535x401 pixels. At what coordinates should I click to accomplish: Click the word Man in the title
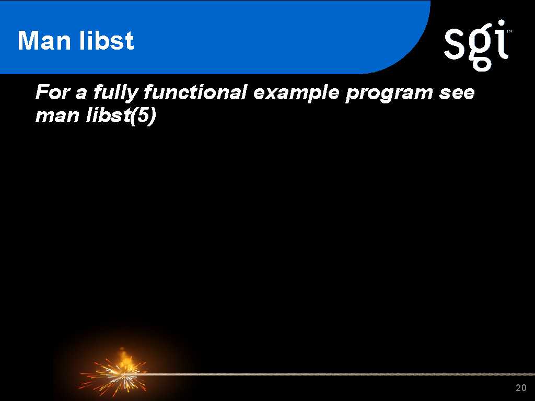pyautogui.click(x=44, y=41)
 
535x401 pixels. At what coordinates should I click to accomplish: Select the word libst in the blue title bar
pyautogui.click(x=106, y=40)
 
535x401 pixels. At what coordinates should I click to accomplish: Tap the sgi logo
pyautogui.click(x=477, y=45)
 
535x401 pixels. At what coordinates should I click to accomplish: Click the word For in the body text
pyautogui.click(x=52, y=92)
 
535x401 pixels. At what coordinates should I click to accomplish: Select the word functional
pyautogui.click(x=195, y=92)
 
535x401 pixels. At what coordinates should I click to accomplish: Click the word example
pyautogui.click(x=296, y=93)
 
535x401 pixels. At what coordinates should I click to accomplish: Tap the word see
pyautogui.click(x=457, y=93)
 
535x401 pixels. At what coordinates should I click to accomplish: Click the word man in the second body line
pyautogui.click(x=57, y=116)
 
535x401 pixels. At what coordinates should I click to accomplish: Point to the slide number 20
pyautogui.click(x=521, y=388)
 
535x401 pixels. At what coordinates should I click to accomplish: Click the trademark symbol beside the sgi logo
pyautogui.click(x=509, y=31)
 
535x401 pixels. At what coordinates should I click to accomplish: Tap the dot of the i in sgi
pyautogui.click(x=501, y=23)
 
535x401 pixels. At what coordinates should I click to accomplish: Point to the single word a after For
pyautogui.click(x=80, y=94)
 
